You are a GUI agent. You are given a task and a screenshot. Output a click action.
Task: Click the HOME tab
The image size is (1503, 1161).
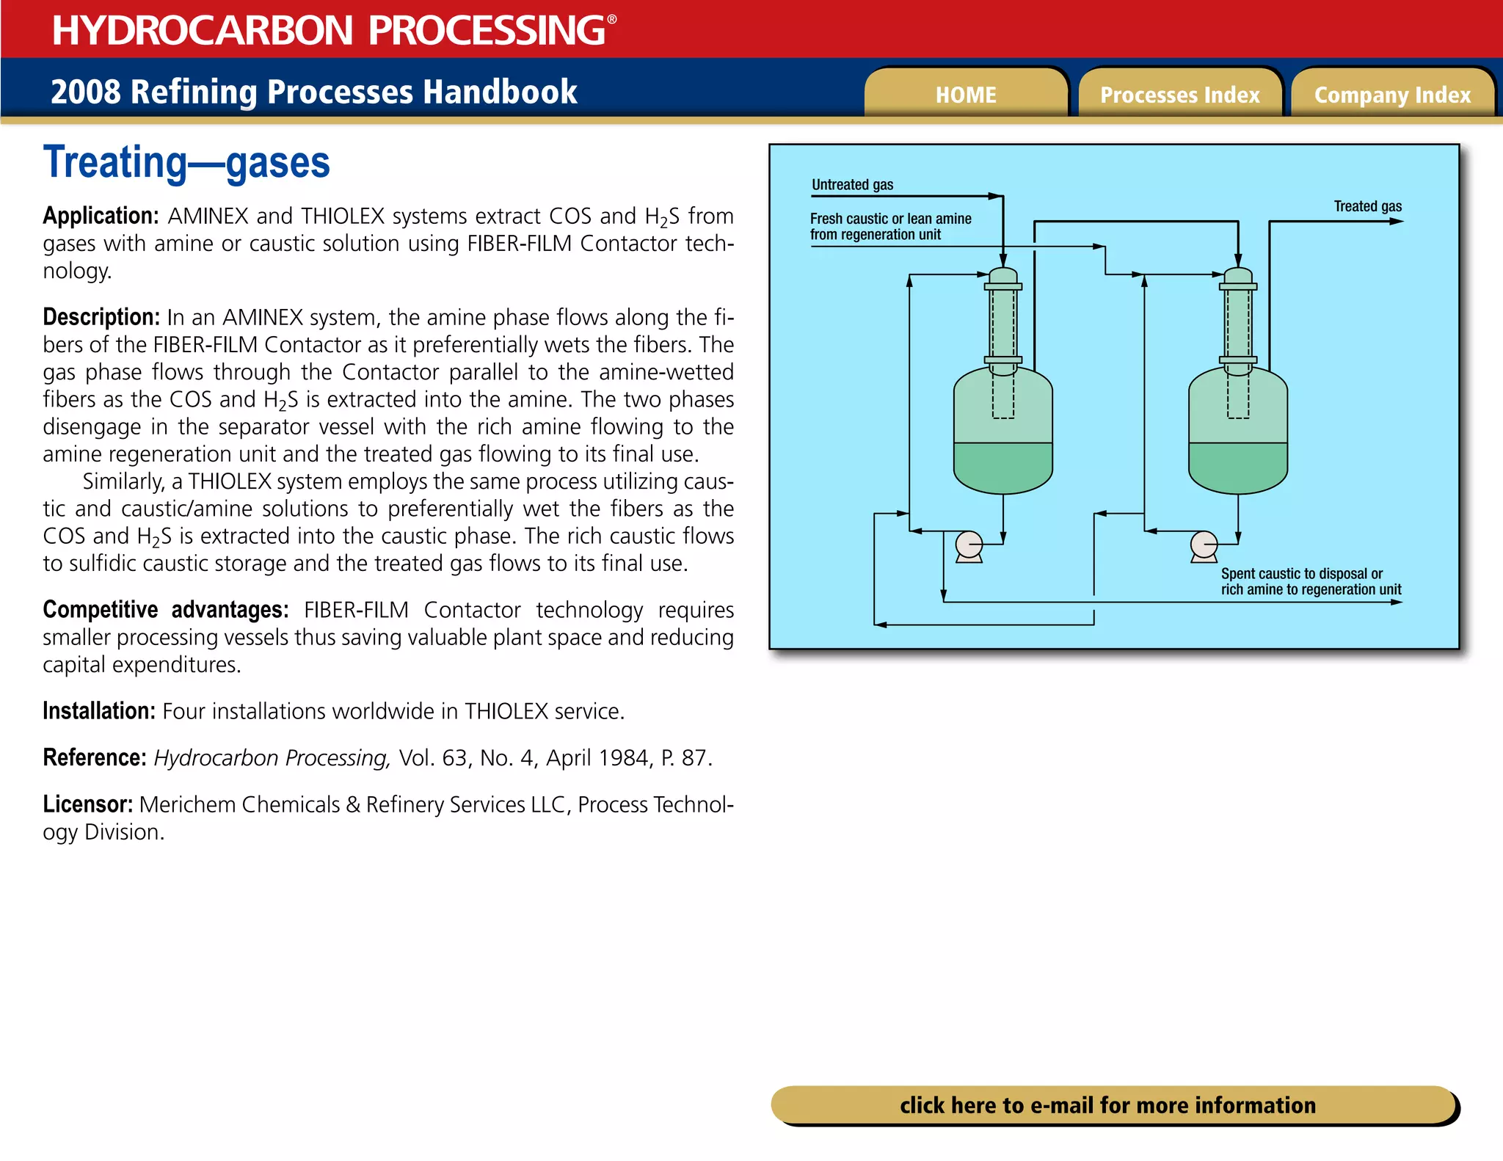pos(966,95)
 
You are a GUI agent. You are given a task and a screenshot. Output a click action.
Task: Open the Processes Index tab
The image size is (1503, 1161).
pos(1179,95)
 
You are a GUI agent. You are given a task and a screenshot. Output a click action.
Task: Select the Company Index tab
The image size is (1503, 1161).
pos(1392,95)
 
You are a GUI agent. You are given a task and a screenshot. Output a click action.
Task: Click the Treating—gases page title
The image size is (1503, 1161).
pos(186,163)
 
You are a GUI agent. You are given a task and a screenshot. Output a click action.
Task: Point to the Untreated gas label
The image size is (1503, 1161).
pos(852,185)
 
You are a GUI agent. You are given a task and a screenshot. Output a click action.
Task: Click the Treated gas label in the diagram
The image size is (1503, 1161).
pos(1367,206)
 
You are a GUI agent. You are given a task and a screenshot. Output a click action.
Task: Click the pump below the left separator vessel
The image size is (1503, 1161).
pos(969,545)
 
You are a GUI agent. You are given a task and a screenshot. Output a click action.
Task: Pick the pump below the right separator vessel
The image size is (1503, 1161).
pos(1204,545)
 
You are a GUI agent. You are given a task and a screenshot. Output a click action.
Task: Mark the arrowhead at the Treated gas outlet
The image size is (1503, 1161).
pos(1397,221)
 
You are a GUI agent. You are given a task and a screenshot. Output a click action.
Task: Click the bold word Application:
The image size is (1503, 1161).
pos(101,216)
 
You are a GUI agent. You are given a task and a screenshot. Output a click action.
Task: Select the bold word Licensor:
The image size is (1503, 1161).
pos(87,804)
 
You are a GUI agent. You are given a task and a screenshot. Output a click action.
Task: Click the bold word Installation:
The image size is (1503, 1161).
pos(98,711)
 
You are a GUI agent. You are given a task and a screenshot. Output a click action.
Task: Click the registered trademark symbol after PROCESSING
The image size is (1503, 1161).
pos(612,20)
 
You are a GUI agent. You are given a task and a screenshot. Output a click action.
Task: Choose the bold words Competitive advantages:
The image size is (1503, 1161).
pos(165,610)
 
